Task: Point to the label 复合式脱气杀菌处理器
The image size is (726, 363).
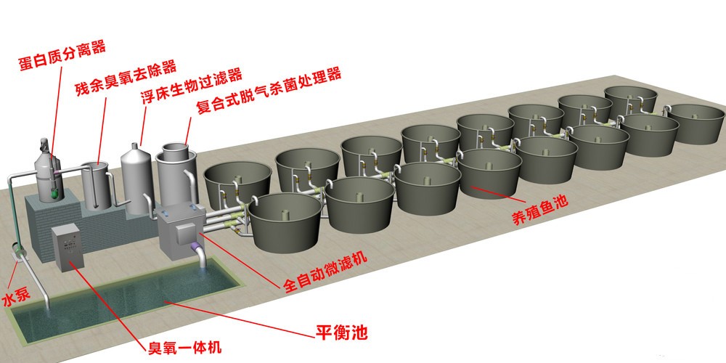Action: pos(269,90)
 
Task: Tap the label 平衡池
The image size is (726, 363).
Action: pos(342,332)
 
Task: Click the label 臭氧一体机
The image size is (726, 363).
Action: pos(184,346)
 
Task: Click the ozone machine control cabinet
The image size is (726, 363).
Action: pos(68,248)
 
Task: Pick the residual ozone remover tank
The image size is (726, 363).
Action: pos(97,185)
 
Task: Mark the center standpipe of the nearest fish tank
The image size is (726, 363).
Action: pos(285,215)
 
